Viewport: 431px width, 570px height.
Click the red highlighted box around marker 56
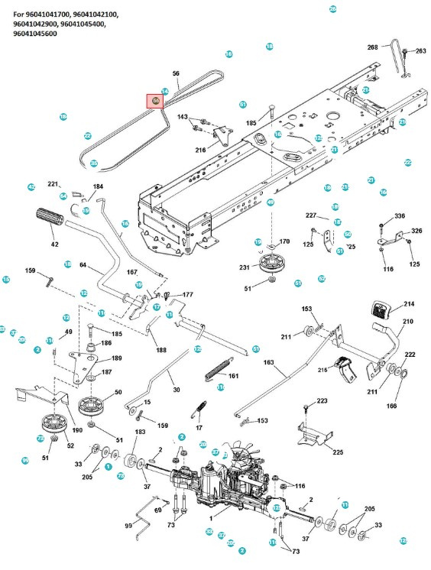[x=156, y=101]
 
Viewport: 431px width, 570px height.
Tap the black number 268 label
[x=373, y=47]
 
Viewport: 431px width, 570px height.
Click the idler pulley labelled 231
[x=271, y=265]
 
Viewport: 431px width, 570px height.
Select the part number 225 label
[x=339, y=452]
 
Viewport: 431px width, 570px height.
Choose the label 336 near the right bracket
[x=399, y=217]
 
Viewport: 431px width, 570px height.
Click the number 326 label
[x=416, y=231]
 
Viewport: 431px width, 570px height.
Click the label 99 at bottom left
[x=128, y=526]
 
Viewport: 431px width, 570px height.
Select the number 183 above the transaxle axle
[x=140, y=432]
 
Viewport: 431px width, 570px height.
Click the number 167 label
[x=131, y=271]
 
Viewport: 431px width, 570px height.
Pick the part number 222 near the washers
[x=410, y=355]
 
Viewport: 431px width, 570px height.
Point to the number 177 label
[x=188, y=294]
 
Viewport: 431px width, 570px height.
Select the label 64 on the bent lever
[x=83, y=265]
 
